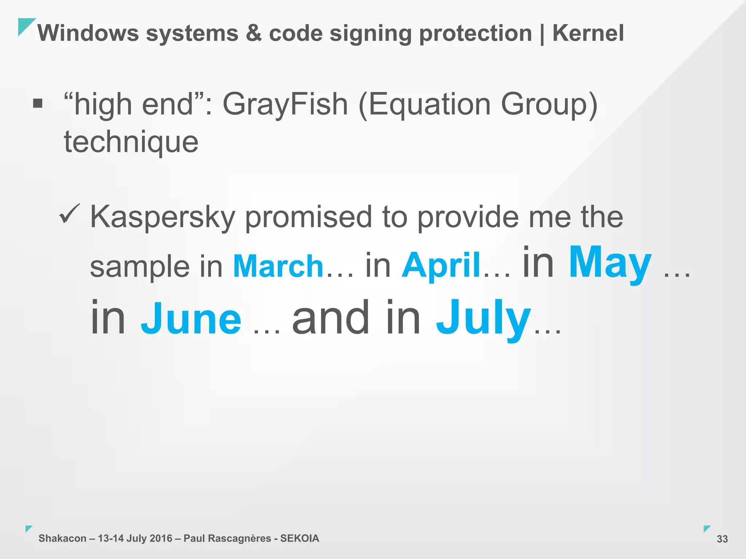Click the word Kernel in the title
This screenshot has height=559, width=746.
point(588,33)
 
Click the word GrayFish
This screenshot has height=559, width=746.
point(285,104)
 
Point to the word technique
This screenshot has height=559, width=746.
point(131,142)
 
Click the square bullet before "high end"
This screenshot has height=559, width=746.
point(38,104)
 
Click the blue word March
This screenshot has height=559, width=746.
point(278,266)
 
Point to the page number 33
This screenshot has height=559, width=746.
point(722,539)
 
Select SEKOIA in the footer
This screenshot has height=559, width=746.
point(299,538)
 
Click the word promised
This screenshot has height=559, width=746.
point(308,217)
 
